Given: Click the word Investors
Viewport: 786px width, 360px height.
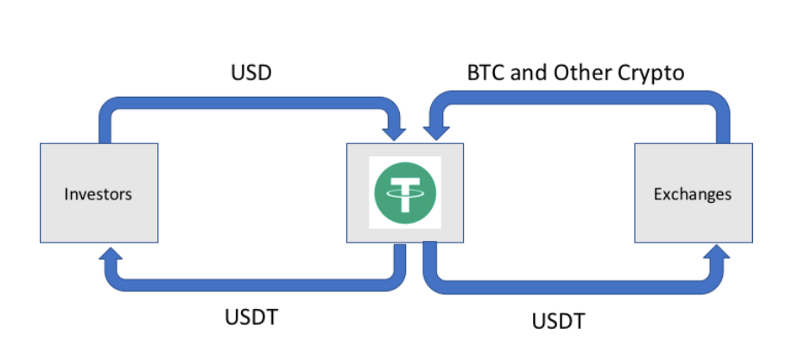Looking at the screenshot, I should (98, 193).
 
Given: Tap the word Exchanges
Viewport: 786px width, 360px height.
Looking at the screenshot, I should (692, 193).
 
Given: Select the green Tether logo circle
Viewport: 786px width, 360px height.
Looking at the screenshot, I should (404, 193).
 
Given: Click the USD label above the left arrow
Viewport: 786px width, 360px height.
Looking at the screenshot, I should (251, 73).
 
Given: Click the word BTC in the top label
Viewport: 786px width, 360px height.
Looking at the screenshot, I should (485, 73).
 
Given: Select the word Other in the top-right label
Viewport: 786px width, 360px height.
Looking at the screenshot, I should (580, 73).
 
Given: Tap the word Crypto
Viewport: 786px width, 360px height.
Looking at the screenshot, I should (651, 73).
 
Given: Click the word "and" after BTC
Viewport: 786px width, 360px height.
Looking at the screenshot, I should (529, 73).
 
